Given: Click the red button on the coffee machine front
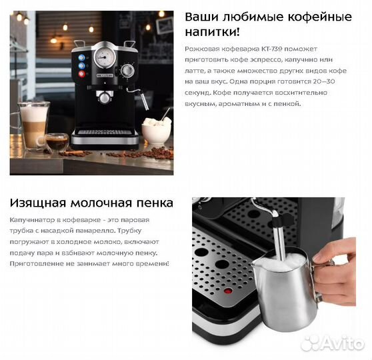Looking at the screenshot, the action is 81,74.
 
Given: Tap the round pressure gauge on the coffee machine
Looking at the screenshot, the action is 105,57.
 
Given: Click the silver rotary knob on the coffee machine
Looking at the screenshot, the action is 127,71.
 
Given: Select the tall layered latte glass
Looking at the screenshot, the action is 34,125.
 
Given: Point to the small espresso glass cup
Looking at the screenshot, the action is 56,142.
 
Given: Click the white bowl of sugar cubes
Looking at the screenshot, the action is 157,130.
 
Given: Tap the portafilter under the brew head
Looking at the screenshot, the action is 105,97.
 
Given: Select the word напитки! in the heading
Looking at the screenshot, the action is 213,32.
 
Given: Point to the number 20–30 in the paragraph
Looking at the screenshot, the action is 324,81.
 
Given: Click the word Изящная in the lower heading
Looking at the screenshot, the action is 37,203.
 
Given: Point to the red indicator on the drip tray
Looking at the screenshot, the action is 229,291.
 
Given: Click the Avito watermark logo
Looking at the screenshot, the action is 333,343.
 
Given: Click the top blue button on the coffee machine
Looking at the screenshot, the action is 81,57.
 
